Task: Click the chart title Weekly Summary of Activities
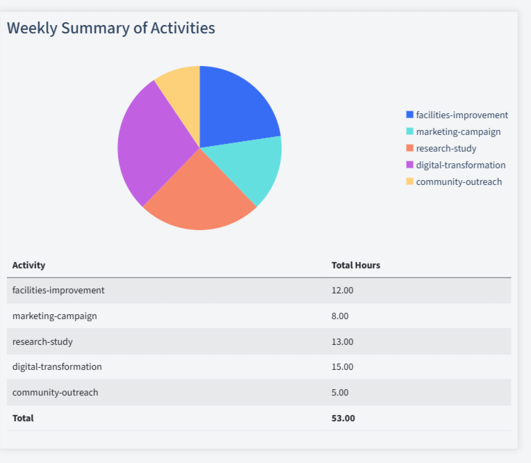(x=111, y=29)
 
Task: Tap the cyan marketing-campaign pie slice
(x=254, y=167)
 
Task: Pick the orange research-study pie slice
(x=198, y=195)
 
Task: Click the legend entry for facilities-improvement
(x=461, y=115)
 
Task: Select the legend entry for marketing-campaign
(x=458, y=131)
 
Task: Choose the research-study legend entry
(x=446, y=148)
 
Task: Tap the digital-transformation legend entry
(x=460, y=165)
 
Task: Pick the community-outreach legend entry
(x=459, y=181)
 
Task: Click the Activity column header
(x=28, y=266)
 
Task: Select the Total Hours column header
(x=356, y=266)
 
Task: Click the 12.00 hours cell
(x=343, y=291)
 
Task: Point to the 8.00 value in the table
(x=340, y=316)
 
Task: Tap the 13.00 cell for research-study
(x=343, y=341)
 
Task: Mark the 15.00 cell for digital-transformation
(x=343, y=366)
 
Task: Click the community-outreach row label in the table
(x=56, y=392)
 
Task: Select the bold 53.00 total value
(x=343, y=418)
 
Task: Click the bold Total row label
(x=23, y=418)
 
